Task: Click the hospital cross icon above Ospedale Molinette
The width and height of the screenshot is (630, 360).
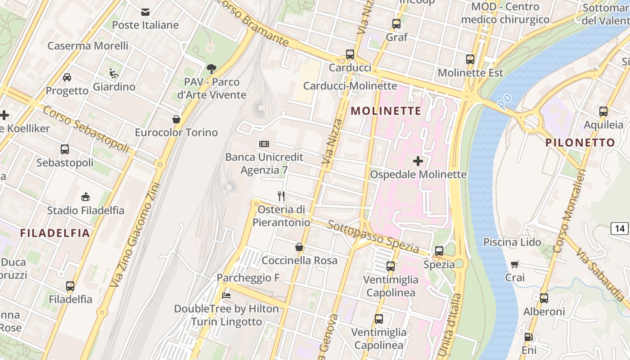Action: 418,161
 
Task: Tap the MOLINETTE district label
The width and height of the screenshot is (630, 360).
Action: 386,111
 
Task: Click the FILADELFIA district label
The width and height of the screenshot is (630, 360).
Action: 55,233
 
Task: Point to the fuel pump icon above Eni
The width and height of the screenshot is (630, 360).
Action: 529,337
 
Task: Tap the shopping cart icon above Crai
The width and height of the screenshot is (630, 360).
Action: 515,264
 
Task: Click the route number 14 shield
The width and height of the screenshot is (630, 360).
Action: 620,229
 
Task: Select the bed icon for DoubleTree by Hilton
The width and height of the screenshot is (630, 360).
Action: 226,296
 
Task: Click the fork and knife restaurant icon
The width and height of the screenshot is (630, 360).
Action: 281,196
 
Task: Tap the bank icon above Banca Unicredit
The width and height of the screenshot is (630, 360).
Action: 264,144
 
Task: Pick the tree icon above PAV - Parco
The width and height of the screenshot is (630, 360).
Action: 211,69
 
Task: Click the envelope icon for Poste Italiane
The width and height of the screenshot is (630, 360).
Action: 145,12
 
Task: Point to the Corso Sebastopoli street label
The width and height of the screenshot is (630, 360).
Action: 86,129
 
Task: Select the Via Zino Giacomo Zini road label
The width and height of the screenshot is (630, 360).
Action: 135,234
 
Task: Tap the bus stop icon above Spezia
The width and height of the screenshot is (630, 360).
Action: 439,251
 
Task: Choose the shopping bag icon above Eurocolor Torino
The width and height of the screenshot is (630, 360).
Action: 176,119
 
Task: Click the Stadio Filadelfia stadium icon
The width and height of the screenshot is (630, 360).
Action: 85,197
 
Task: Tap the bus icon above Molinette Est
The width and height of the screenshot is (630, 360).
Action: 470,59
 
